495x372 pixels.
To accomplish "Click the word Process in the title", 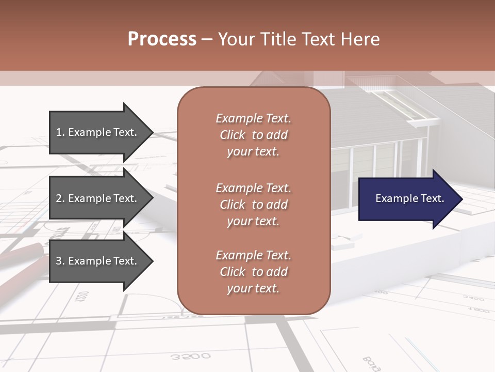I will (x=162, y=39).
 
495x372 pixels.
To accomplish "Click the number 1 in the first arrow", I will (x=59, y=132).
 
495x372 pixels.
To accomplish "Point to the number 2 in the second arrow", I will (x=59, y=198).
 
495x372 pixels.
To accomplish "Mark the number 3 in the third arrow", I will (x=59, y=261).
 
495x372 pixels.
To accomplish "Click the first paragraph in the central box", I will (x=253, y=135).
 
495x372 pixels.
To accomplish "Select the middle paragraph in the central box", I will (x=253, y=205).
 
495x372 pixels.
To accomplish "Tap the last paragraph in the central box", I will (x=253, y=272).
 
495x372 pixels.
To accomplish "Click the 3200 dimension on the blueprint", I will (x=190, y=356).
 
